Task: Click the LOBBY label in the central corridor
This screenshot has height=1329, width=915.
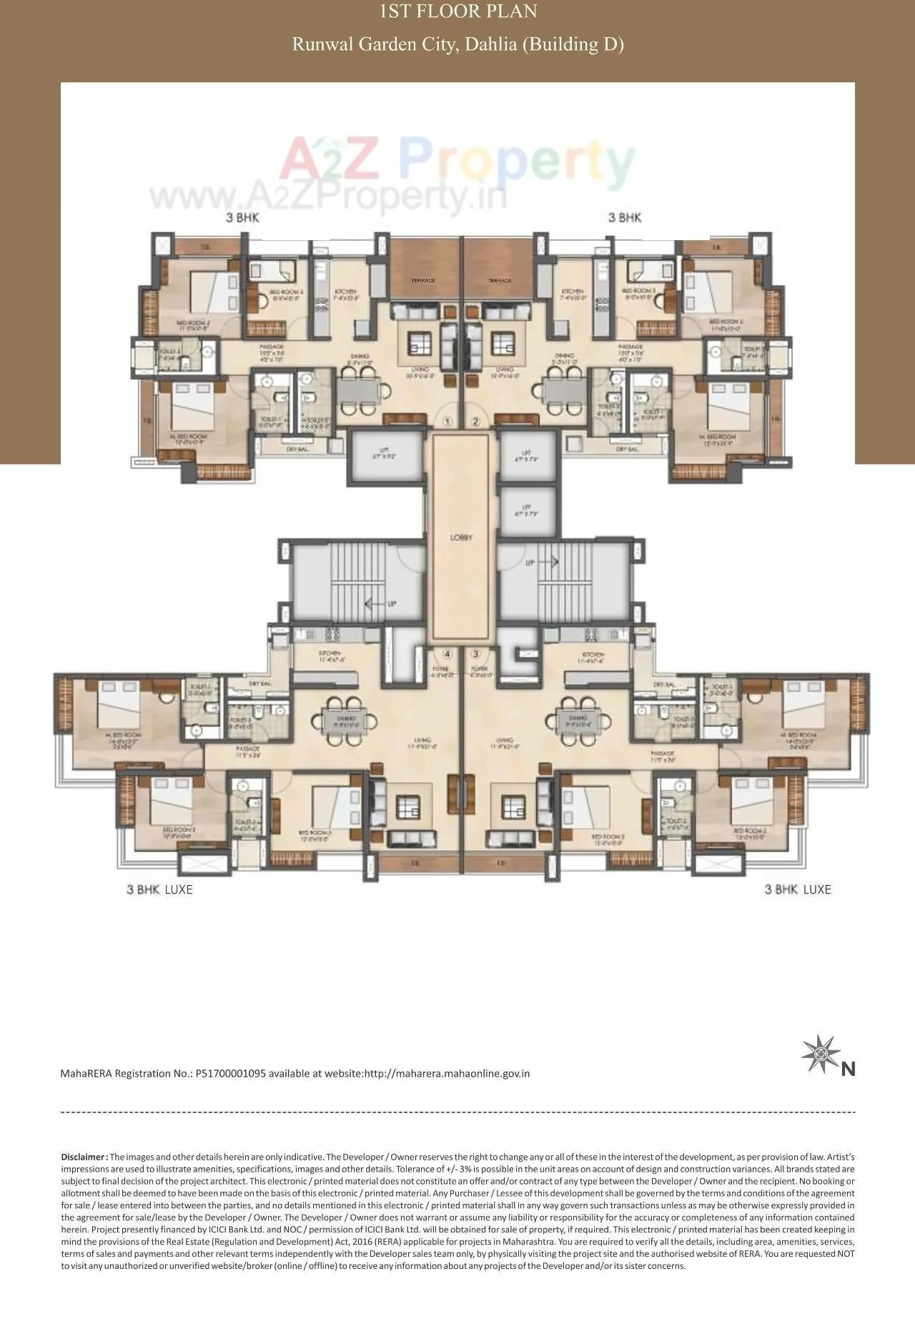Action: coord(461,537)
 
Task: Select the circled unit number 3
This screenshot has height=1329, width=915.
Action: coord(475,653)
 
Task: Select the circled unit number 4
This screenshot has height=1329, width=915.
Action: coord(447,653)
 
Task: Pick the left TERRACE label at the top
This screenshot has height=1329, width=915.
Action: coord(423,280)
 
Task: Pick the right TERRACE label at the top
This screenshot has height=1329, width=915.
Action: coord(500,280)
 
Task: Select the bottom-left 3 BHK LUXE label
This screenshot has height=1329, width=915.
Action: coord(159,889)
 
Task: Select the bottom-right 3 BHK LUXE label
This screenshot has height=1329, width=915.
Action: coord(798,889)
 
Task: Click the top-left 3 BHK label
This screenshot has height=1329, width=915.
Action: coord(243,217)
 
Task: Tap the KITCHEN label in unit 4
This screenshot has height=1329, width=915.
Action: coord(330,653)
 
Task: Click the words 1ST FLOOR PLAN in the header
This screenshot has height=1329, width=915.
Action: coord(457,11)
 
